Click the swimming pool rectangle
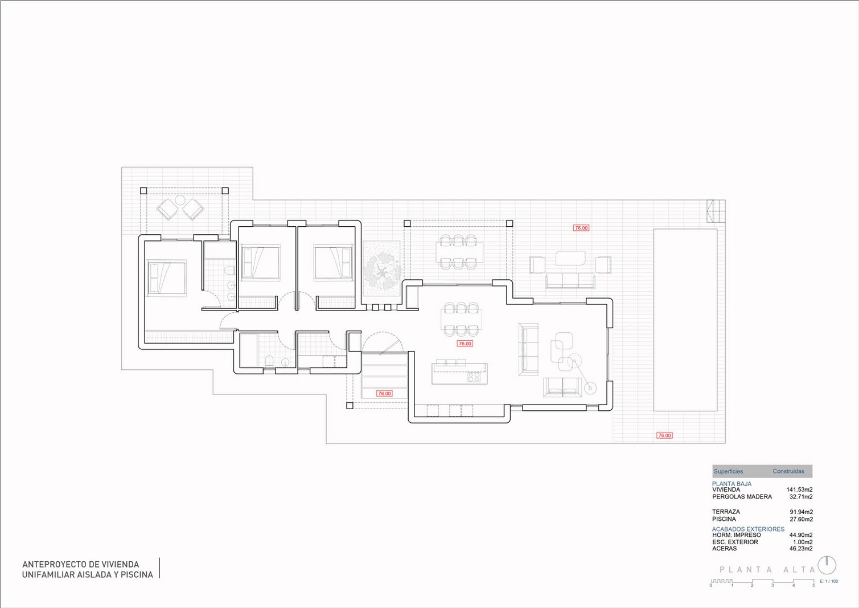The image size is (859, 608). pyautogui.click(x=685, y=320)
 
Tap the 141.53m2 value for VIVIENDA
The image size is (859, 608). pyautogui.click(x=800, y=490)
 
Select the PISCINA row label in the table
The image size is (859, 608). pyautogui.click(x=724, y=519)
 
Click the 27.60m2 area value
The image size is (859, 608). pyautogui.click(x=801, y=519)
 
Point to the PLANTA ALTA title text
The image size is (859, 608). pyautogui.click(x=767, y=570)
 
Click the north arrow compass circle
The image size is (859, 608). pyautogui.click(x=827, y=566)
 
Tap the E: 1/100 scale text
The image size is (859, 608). pyautogui.click(x=829, y=582)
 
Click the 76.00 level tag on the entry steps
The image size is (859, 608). pyautogui.click(x=384, y=393)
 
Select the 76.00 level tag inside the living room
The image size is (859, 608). pyautogui.click(x=465, y=344)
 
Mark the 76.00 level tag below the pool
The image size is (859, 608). pyautogui.click(x=664, y=435)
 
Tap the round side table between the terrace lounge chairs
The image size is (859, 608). pyautogui.click(x=180, y=201)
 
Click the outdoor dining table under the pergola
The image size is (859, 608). pyautogui.click(x=459, y=252)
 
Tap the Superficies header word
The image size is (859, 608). pyautogui.click(x=728, y=471)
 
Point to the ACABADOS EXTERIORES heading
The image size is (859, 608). pyautogui.click(x=748, y=529)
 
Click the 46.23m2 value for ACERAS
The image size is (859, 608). pyautogui.click(x=801, y=549)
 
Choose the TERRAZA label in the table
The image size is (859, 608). pyautogui.click(x=726, y=512)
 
